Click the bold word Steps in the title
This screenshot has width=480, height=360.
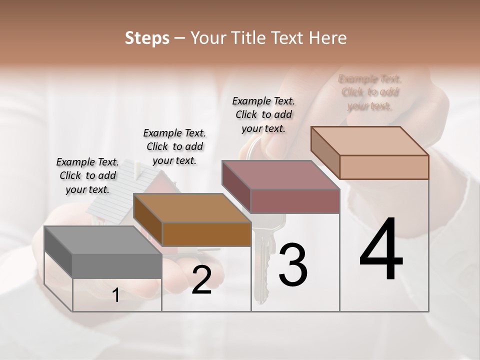(147, 38)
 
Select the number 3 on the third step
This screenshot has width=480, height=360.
(292, 265)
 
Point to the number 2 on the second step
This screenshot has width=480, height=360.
(201, 280)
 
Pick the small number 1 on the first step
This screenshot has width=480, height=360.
(116, 295)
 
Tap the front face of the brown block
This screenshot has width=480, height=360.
(206, 234)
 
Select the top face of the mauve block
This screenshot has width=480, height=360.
(280, 175)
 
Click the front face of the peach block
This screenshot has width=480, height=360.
(384, 167)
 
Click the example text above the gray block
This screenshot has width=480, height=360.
(87, 176)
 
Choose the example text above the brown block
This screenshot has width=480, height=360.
(174, 147)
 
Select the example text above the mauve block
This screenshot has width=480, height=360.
(263, 115)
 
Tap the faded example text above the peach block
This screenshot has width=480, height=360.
(370, 92)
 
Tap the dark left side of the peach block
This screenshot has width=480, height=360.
(325, 152)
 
